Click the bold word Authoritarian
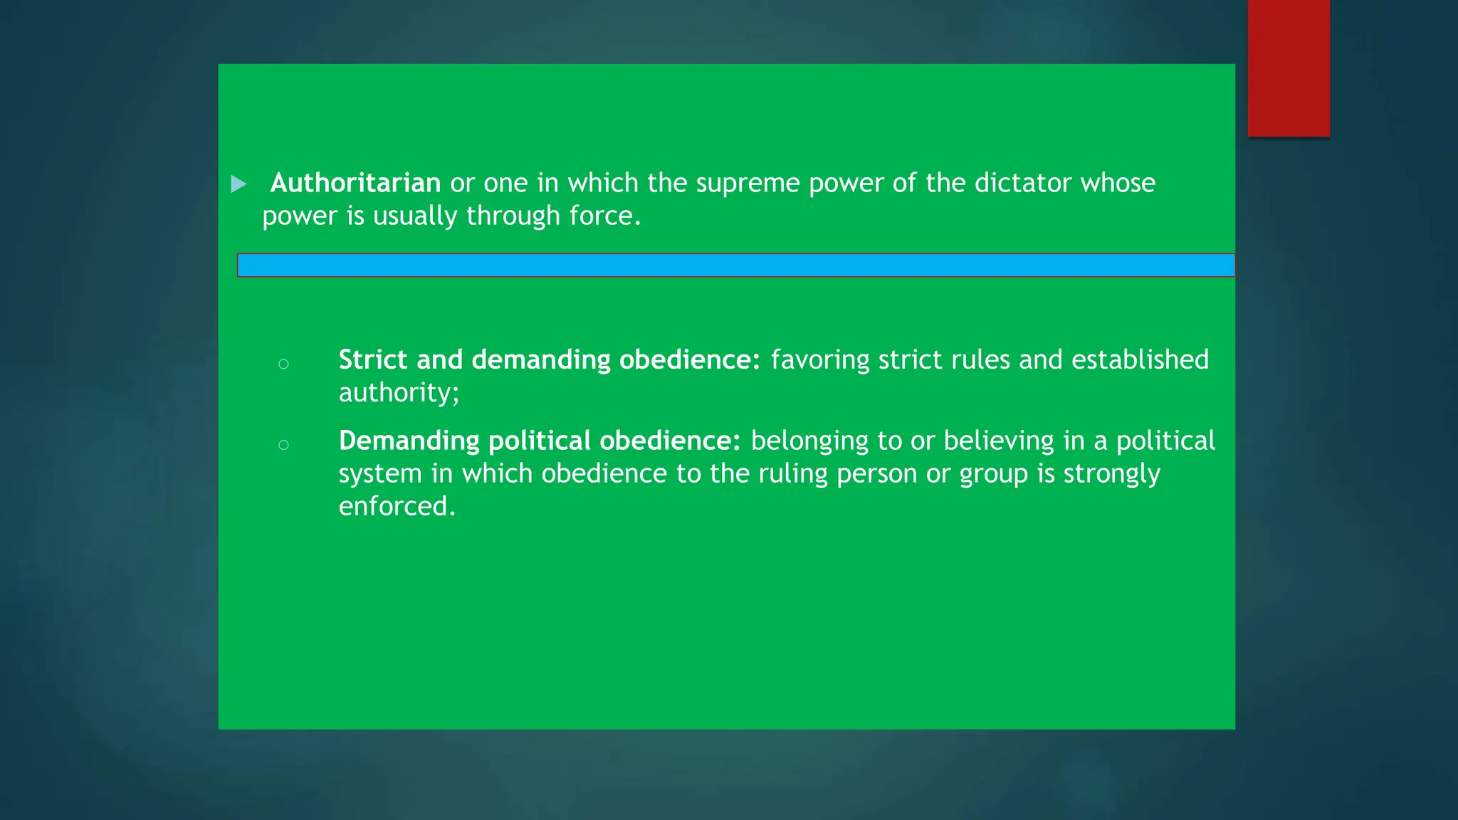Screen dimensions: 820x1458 [355, 183]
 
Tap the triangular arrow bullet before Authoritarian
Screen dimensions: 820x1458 [239, 184]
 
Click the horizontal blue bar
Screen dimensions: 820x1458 [735, 265]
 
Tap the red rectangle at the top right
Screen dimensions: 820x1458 [1289, 68]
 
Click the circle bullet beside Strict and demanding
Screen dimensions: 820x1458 [283, 364]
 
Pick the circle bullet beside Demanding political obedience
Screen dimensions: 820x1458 [283, 446]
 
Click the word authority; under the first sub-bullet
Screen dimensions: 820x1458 [399, 393]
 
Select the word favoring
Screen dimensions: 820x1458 [819, 359]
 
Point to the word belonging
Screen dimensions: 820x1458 [809, 441]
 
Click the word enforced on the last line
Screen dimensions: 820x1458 [396, 506]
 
